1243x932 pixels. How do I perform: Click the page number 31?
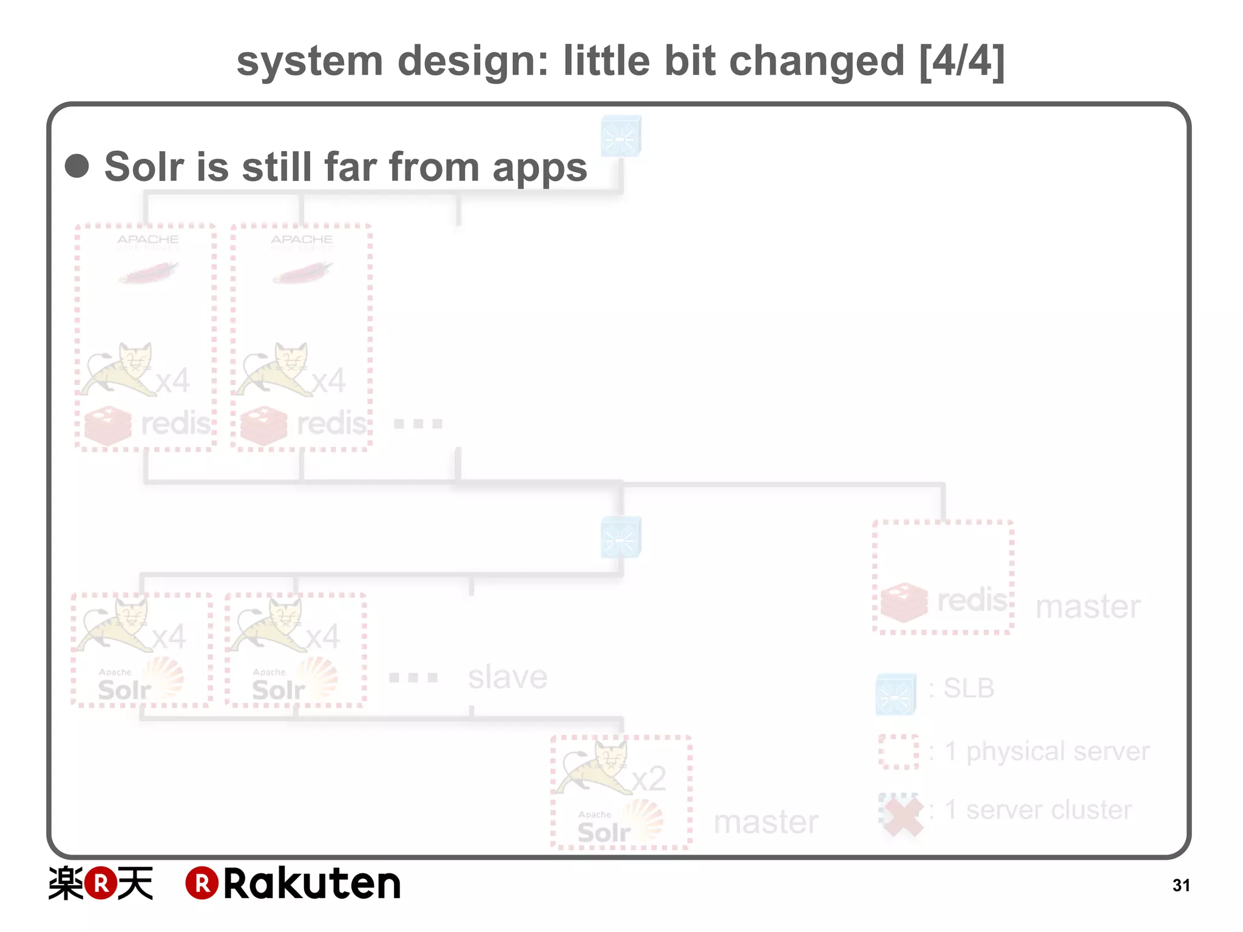1180,885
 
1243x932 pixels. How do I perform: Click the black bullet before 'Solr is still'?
77,166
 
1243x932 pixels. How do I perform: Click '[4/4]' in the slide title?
962,61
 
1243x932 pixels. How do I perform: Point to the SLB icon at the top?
621,136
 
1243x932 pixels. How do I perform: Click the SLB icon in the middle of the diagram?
621,537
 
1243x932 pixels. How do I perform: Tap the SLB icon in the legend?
896,694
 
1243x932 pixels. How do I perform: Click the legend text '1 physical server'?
1047,751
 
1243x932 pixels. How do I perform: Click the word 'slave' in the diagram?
507,677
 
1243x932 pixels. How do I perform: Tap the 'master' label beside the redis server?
1088,606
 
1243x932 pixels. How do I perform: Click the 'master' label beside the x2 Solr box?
766,822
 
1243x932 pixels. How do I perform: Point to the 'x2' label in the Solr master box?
649,778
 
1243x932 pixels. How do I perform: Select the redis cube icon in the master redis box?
904,603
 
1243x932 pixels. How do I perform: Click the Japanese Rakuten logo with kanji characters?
101,883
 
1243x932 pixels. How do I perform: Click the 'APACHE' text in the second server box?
302,239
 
